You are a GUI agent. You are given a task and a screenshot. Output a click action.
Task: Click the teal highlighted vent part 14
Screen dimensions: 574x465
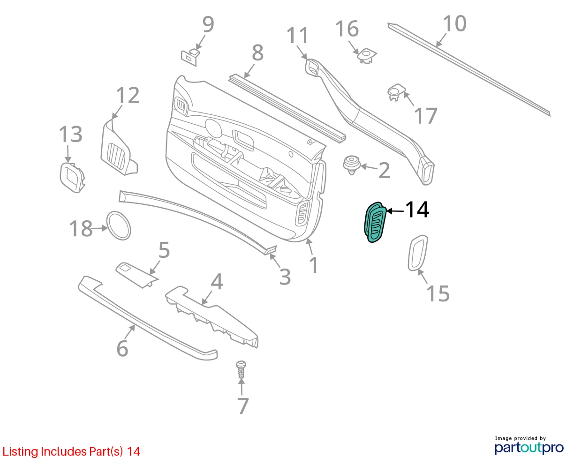375,222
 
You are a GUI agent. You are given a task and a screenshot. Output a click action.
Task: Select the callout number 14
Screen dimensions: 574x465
417,210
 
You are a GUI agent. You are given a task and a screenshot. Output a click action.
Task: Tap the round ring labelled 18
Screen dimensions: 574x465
119,225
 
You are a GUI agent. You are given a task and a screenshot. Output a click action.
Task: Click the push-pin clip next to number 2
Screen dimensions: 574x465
352,165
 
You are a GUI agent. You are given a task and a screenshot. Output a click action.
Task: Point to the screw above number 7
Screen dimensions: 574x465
241,370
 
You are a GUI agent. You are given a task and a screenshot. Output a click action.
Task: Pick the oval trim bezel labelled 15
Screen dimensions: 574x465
418,253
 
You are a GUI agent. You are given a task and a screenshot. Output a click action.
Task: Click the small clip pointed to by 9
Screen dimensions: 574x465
190,57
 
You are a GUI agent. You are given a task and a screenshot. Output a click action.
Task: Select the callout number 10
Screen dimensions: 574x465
454,23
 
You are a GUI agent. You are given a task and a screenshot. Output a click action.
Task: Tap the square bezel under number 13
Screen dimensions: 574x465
72,177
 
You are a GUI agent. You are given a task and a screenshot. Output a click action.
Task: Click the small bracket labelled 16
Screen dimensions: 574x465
367,56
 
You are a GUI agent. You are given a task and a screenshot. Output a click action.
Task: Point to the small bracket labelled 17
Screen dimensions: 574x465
396,92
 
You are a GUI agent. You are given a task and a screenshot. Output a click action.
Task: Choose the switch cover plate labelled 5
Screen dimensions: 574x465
137,275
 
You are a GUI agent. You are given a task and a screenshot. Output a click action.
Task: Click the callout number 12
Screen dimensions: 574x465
128,95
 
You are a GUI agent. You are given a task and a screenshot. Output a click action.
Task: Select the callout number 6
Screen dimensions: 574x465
122,348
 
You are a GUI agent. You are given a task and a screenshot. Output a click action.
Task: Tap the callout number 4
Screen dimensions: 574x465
217,282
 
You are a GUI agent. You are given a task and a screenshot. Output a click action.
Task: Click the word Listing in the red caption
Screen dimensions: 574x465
20,451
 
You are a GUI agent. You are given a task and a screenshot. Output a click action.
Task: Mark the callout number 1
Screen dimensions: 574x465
314,265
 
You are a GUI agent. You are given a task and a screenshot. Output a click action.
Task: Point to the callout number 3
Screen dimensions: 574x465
285,277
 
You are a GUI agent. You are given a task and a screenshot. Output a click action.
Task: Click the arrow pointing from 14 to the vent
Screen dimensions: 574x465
395,211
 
